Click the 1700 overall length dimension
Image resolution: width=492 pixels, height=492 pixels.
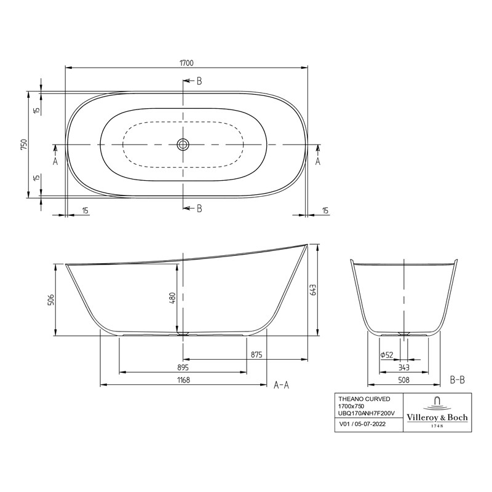188,63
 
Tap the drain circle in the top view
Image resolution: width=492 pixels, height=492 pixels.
183,145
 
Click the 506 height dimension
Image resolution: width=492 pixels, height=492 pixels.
51,300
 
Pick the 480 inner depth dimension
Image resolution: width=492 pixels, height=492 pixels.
173,298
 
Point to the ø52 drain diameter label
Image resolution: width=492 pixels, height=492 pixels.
386,354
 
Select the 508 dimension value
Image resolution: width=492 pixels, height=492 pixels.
403,380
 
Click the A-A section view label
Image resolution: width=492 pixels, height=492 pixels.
281,385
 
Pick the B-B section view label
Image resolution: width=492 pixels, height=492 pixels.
457,380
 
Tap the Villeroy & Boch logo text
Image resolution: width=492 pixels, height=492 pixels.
437,418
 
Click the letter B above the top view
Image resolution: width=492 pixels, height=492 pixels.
199,81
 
